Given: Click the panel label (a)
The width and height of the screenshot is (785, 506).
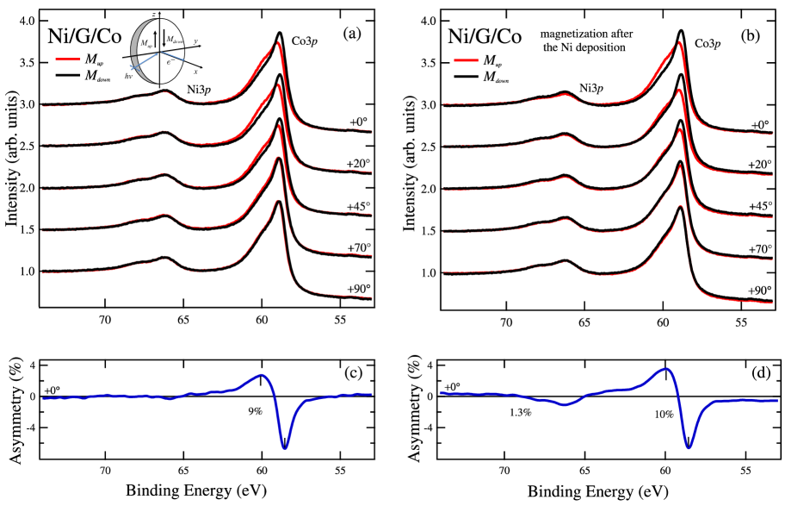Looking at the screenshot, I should (352, 34).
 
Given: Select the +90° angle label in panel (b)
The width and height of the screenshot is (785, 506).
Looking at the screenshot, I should (758, 290).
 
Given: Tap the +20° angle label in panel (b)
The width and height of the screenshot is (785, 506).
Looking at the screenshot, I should (758, 164).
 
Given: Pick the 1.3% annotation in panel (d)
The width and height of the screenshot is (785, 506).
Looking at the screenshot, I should (521, 413).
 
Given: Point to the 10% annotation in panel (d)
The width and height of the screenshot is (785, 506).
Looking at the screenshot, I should (641, 414).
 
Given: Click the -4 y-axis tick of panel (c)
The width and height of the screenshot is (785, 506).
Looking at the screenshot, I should (28, 428).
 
